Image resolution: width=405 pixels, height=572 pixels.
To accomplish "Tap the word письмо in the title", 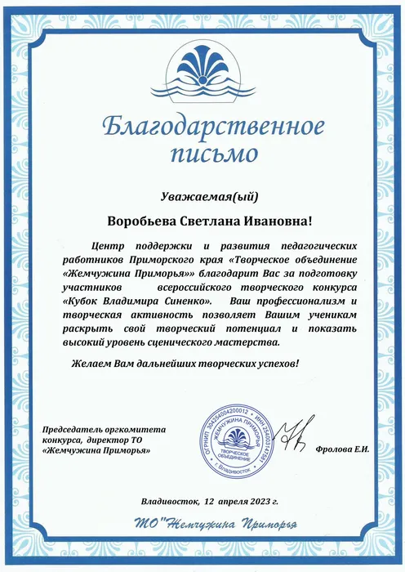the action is (202, 153).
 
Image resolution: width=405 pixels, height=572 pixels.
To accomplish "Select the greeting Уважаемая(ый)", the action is (202, 196).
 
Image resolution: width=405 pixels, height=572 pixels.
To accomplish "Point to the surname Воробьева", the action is (145, 221).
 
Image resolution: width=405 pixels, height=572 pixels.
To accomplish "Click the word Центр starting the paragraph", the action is (109, 245).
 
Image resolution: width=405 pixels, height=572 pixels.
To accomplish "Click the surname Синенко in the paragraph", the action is (180, 303).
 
